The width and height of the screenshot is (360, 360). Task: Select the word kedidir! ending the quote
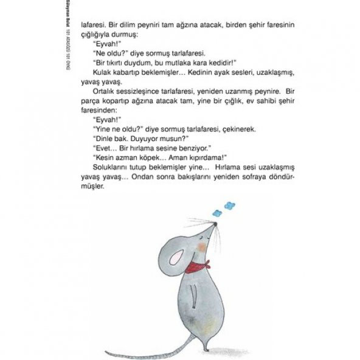[220, 62]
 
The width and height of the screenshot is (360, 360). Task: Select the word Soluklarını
[110, 165]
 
